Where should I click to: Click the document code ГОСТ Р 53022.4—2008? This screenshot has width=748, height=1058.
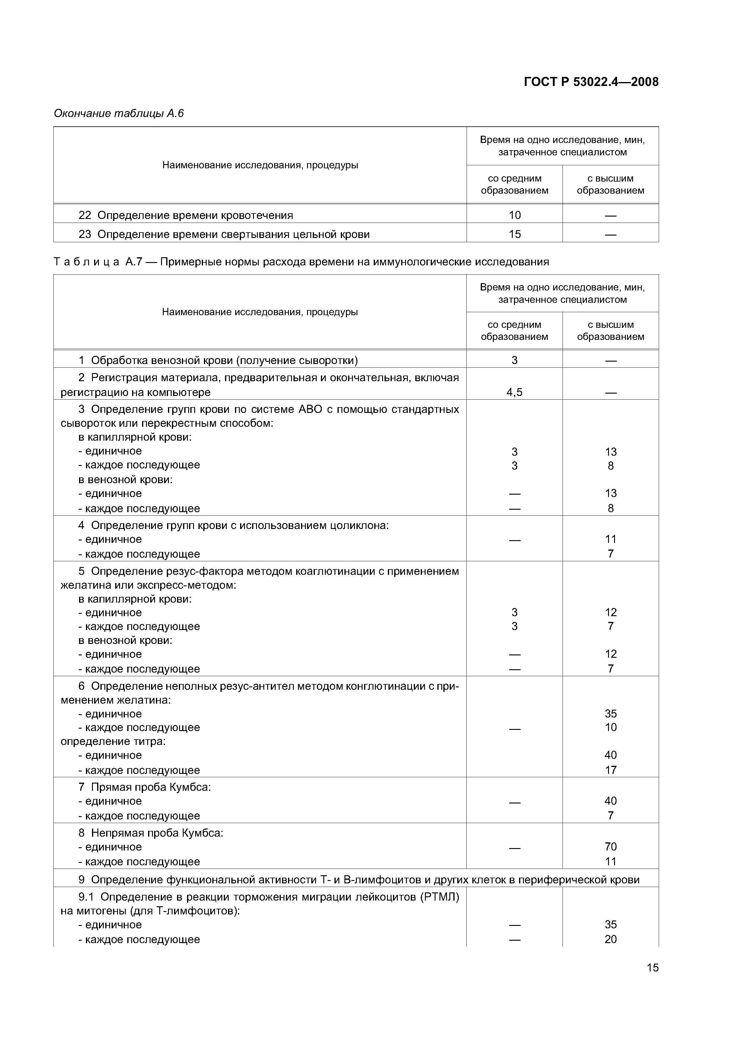coord(591,82)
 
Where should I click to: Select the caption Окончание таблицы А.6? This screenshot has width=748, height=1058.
coord(119,113)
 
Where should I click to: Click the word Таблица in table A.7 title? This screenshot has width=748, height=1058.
coord(87,262)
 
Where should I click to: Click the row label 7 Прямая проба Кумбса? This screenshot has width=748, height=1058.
coord(144,787)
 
